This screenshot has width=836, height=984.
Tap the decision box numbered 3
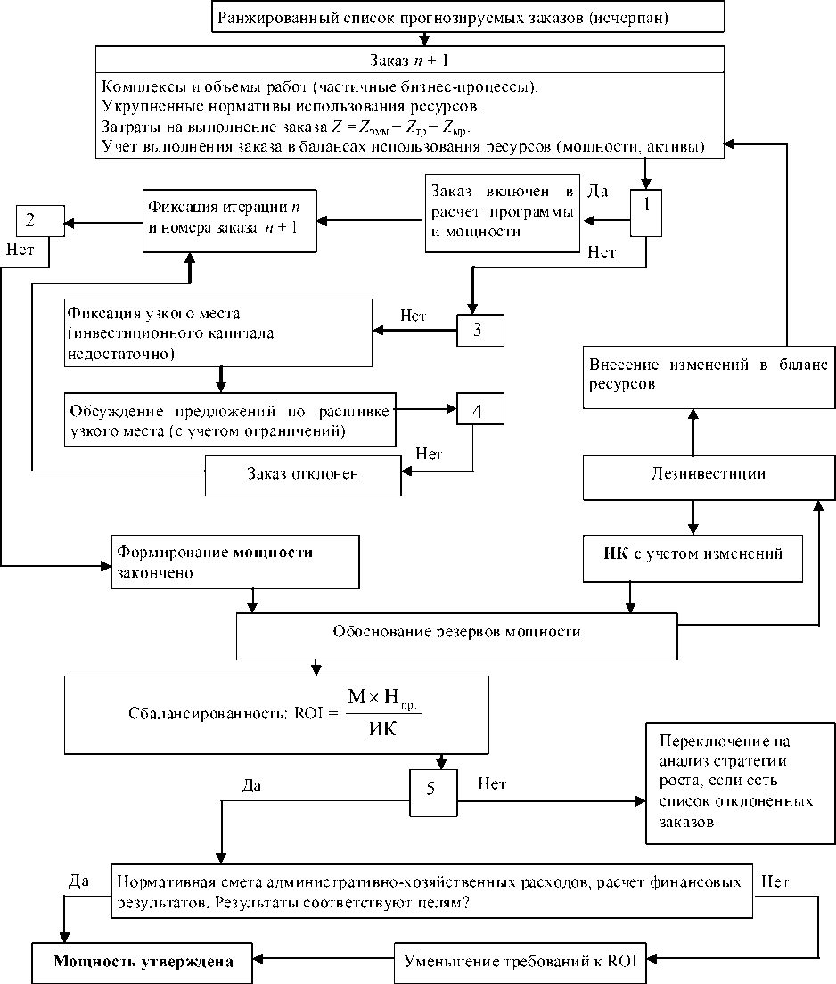480,330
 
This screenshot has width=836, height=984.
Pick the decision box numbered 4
480,412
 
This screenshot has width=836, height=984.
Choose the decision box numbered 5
432,791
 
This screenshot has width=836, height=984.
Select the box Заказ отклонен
302,474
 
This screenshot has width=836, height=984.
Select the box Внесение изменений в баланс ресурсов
708,375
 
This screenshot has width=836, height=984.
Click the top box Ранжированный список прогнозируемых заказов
430,17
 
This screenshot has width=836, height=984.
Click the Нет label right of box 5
491,784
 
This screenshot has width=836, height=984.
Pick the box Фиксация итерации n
224,217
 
